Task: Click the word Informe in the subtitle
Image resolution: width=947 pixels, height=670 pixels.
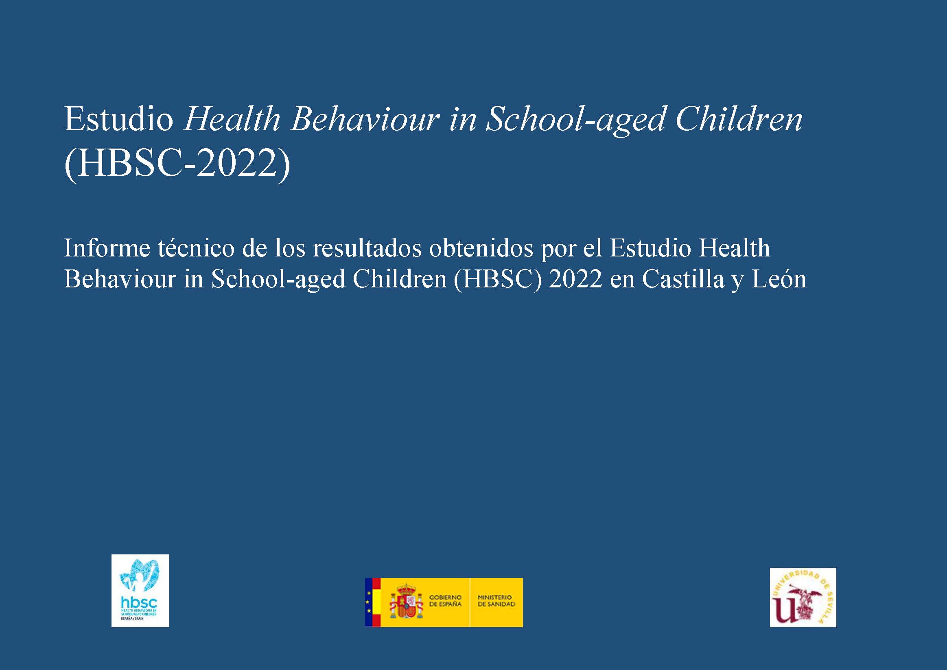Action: click(107, 248)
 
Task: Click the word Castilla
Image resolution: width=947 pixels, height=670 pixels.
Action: click(682, 279)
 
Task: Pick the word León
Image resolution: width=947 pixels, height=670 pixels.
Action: click(779, 279)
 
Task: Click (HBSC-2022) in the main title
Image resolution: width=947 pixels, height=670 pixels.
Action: click(177, 164)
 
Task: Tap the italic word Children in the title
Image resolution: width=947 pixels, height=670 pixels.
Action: click(739, 120)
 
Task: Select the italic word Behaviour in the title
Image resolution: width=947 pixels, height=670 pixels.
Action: click(363, 120)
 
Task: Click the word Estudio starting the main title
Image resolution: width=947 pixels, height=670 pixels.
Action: click(119, 120)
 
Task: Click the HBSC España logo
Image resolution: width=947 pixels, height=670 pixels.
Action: click(140, 591)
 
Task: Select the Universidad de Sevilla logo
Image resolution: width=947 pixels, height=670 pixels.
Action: click(803, 597)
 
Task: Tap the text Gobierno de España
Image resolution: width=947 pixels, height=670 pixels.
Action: click(446, 601)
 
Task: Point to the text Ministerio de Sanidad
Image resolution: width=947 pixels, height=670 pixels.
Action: click(496, 601)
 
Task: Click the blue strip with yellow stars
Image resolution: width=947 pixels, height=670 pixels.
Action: click(368, 602)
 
